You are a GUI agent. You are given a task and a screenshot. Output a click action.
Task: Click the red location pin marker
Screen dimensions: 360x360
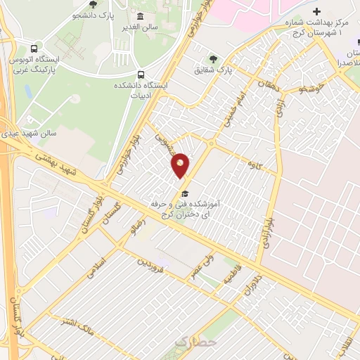coord(181,165)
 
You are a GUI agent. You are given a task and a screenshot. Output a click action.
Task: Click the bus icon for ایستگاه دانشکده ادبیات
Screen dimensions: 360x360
coord(141,75)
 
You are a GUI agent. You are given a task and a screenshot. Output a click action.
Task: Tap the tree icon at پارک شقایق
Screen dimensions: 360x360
coord(212,59)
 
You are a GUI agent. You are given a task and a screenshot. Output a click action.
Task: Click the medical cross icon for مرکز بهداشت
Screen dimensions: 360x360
coord(316,11)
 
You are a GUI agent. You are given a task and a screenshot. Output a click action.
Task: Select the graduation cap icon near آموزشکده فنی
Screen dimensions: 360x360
coord(185,193)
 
